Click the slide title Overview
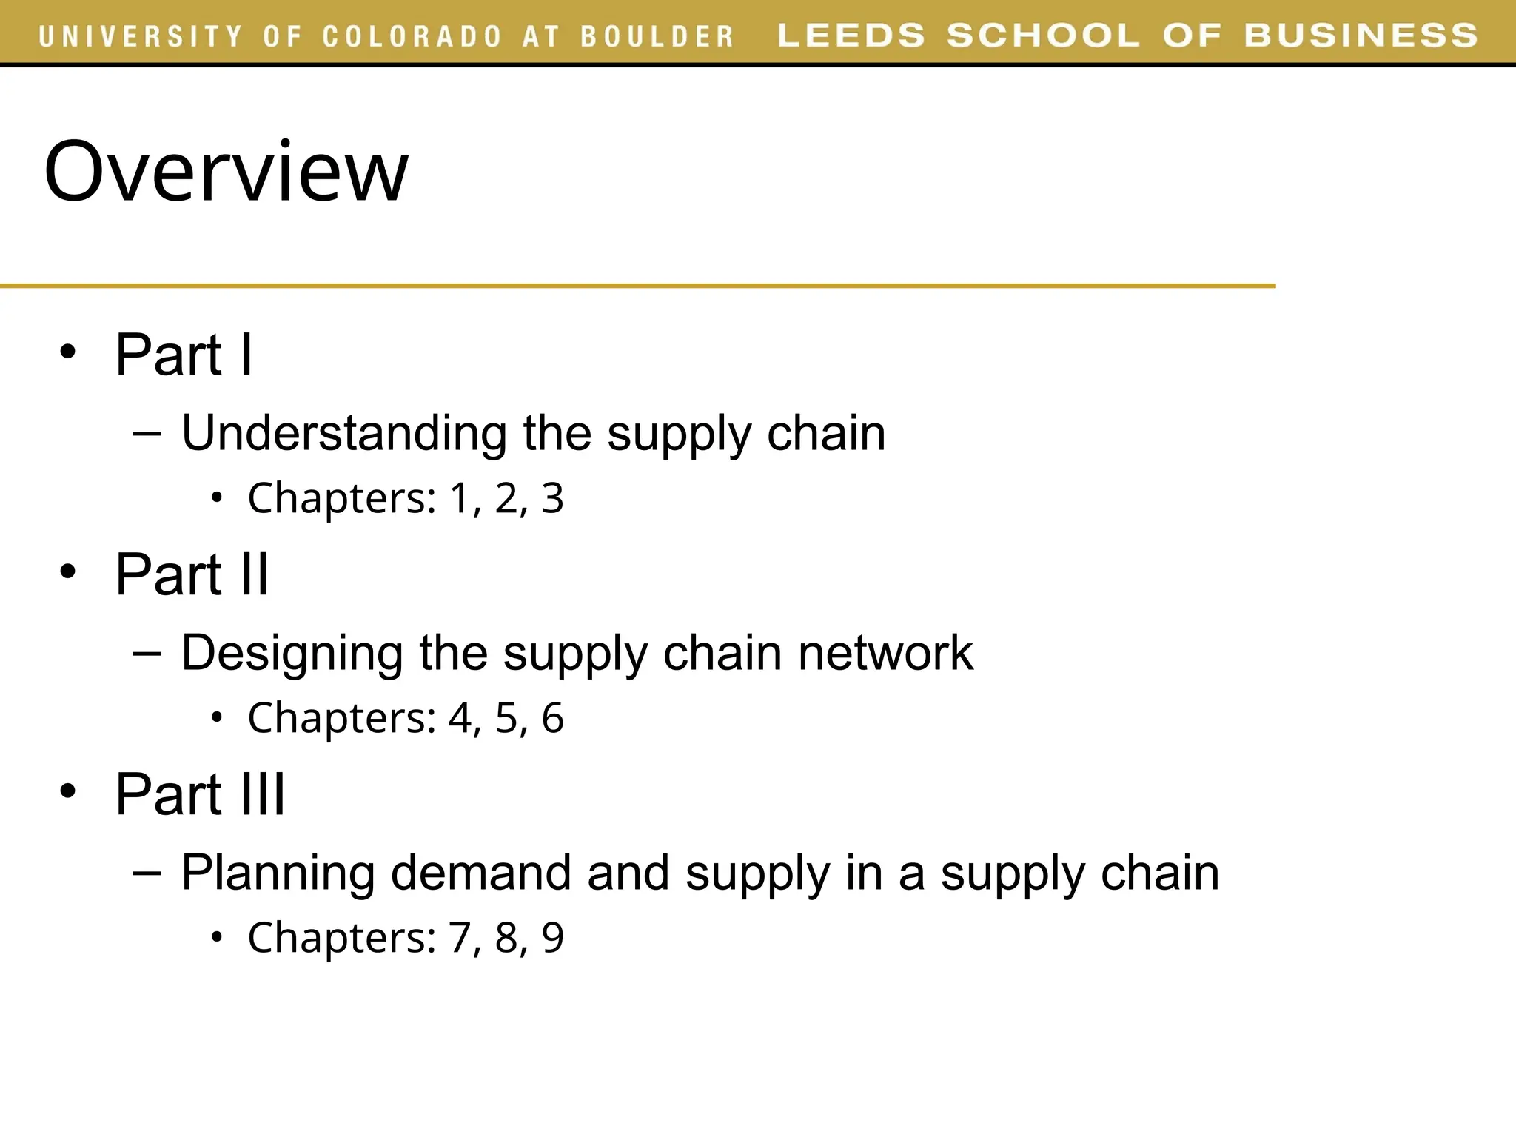[226, 172]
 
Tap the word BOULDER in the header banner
[657, 36]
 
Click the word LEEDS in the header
[851, 36]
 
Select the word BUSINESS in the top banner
[1361, 36]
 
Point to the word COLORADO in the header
[412, 36]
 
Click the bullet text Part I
[184, 355]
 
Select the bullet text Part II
[192, 575]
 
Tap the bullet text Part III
[200, 795]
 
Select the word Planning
[278, 873]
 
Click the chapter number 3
[552, 498]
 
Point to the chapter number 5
[506, 718]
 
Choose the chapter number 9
[552, 938]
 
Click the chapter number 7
[460, 938]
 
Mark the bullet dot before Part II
[68, 572]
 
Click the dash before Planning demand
[147, 872]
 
